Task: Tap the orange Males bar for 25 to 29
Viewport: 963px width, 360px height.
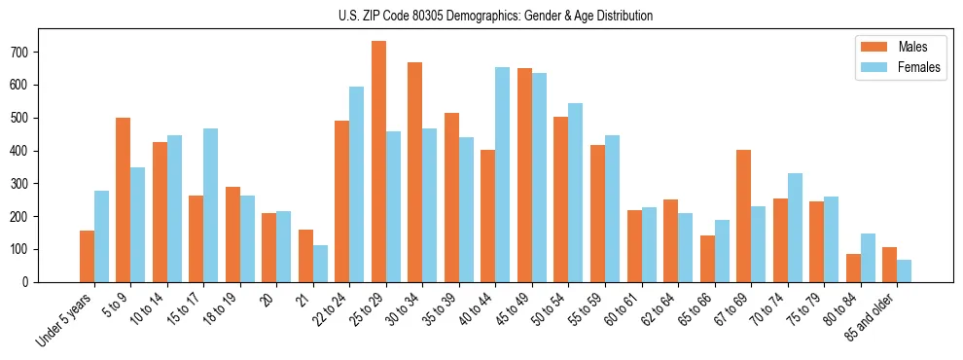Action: [x=378, y=162]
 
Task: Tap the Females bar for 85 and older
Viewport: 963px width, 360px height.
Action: [x=904, y=270]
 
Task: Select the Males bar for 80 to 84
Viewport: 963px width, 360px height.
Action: [x=853, y=268]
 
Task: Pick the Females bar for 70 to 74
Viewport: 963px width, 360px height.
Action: [x=795, y=228]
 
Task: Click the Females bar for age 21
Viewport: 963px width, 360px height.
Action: [x=320, y=264]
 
